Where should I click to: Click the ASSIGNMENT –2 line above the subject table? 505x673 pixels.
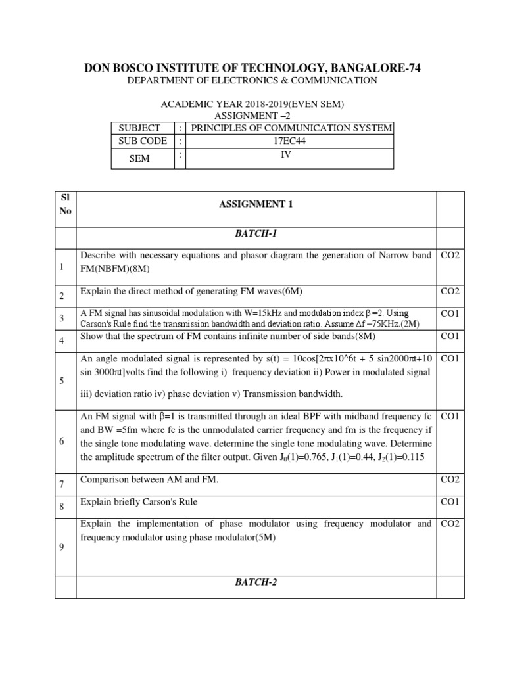click(253, 116)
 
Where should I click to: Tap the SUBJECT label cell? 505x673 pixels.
click(139, 128)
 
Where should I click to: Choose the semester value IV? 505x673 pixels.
click(286, 154)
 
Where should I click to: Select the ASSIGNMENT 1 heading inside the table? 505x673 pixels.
click(255, 204)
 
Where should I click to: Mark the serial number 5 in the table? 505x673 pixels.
click(61, 381)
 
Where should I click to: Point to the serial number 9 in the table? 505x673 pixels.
click(61, 547)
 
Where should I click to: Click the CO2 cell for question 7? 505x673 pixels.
click(450, 480)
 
